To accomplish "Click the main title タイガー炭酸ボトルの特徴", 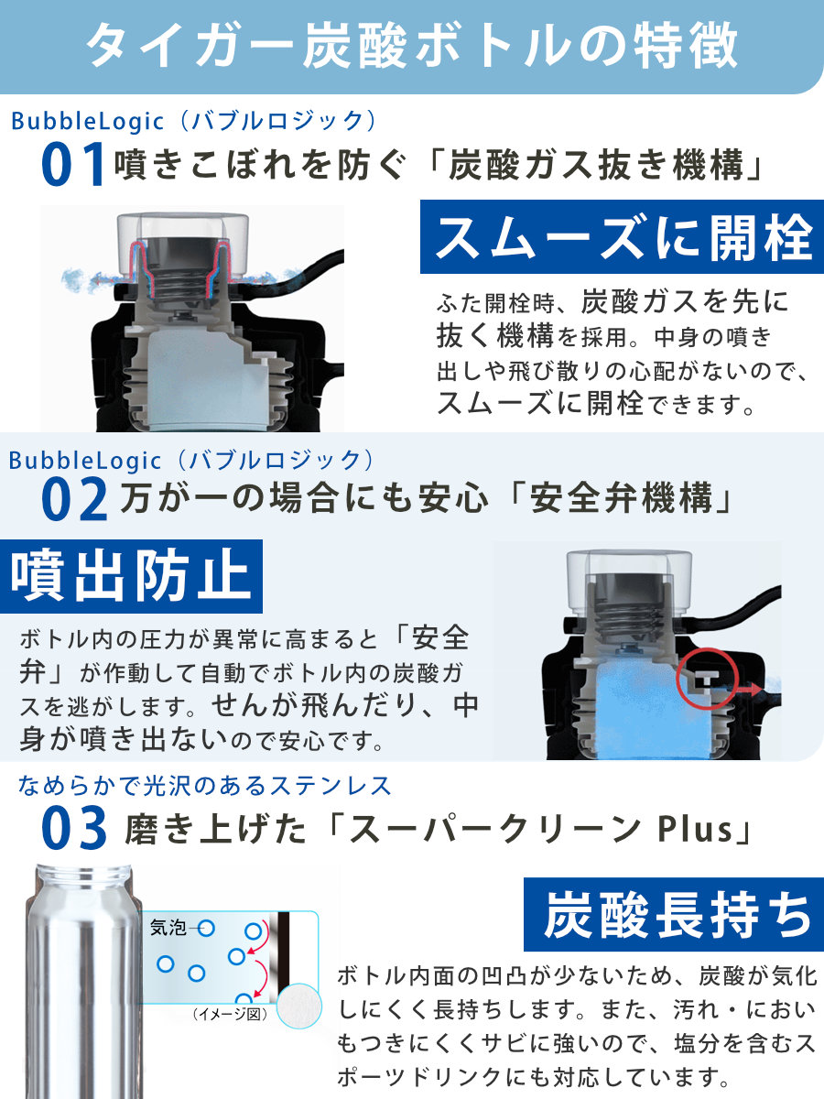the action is pyautogui.click(x=412, y=46).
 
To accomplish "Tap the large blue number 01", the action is pyautogui.click(x=73, y=164).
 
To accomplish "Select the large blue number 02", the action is pyautogui.click(x=74, y=500).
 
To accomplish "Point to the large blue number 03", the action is pyautogui.click(x=74, y=828).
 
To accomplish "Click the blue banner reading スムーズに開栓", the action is pyautogui.click(x=622, y=237).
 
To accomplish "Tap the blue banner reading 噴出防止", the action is pyautogui.click(x=131, y=576).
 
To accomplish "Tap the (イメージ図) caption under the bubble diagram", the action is pyautogui.click(x=230, y=1015).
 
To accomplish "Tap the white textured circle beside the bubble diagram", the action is pyautogui.click(x=299, y=1007).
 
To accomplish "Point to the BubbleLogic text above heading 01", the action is pyautogui.click(x=88, y=122).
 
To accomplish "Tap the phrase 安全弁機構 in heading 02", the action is pyautogui.click(x=622, y=499).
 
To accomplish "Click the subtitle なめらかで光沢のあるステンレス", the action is pyautogui.click(x=204, y=786).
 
